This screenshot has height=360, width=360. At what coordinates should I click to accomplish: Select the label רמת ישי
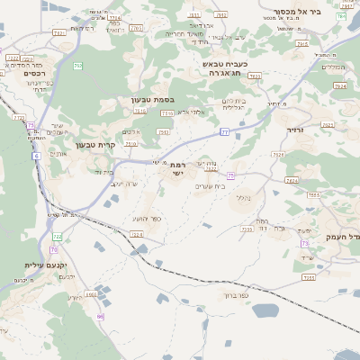click(x=177, y=167)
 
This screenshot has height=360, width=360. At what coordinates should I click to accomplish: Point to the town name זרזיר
click(x=296, y=130)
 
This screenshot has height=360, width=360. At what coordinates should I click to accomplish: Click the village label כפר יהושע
click(x=146, y=219)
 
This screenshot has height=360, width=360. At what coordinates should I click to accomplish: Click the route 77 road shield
click(x=224, y=132)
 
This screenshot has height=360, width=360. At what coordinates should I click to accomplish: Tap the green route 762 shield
click(x=78, y=66)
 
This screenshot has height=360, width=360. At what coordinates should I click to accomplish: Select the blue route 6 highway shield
click(x=36, y=156)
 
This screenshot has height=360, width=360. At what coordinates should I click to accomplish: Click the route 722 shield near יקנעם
click(x=58, y=236)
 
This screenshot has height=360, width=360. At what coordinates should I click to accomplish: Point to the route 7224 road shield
click(x=137, y=234)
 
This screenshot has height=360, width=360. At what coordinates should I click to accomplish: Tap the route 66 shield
click(x=101, y=316)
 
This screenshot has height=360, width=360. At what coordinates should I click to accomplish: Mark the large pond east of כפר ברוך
click(x=265, y=310)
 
